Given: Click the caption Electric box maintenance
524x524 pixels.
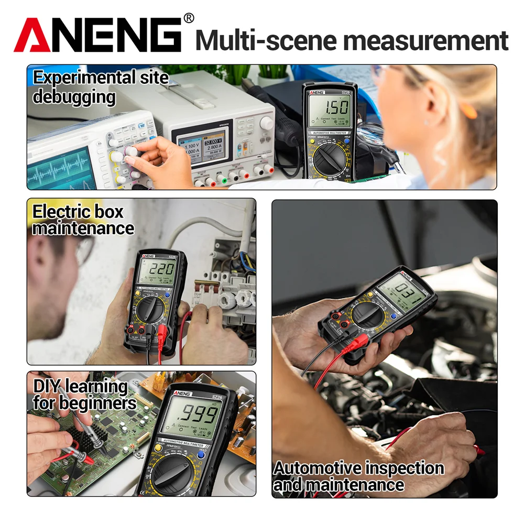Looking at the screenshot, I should coord(82,220).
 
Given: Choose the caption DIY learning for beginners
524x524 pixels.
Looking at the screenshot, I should coord(84,395).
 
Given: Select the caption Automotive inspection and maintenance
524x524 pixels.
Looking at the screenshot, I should coord(358,476).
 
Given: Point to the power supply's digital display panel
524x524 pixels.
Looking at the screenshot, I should coord(201,146).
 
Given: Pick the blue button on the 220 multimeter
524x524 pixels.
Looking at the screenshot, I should coord(168,294).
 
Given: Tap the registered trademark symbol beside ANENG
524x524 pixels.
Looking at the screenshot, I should coord(188,18).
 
